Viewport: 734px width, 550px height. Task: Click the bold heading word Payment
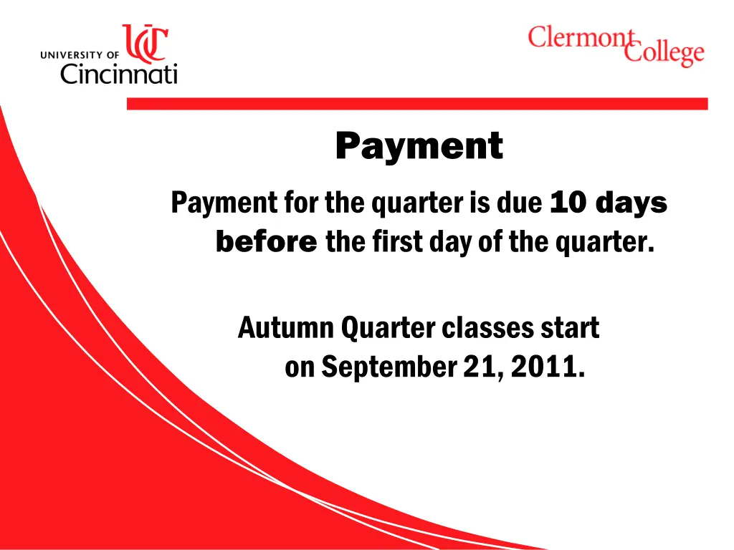pyautogui.click(x=419, y=147)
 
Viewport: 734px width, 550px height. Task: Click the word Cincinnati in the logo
pyautogui.click(x=118, y=73)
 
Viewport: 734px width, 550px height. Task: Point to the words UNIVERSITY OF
pyautogui.click(x=80, y=54)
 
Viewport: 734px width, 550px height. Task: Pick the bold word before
pyautogui.click(x=266, y=243)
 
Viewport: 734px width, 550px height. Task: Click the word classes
pyautogui.click(x=487, y=329)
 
